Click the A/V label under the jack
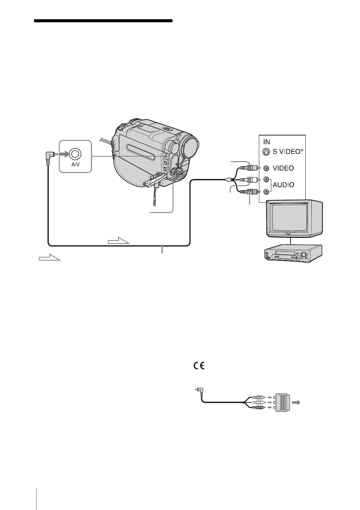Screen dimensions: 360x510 pos(75,164)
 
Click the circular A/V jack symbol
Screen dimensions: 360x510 pos(75,154)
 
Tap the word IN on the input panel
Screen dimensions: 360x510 pos(266,142)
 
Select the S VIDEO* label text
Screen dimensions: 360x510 pos(288,152)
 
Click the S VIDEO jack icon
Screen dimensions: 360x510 pos(266,152)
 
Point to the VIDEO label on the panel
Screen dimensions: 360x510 pos(283,168)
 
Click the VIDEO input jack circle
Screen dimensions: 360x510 pos(266,168)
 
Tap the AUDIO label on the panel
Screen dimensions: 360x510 pos(283,185)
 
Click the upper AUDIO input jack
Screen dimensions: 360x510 pos(266,179)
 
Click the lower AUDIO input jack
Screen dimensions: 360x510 pos(266,192)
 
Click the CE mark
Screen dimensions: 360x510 pos(199,365)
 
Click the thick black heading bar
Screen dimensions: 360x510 pos(103,21)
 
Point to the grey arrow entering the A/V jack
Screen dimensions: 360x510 pos(64,154)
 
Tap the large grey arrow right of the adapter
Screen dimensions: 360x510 pos(296,402)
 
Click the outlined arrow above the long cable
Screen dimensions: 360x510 pos(118,240)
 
